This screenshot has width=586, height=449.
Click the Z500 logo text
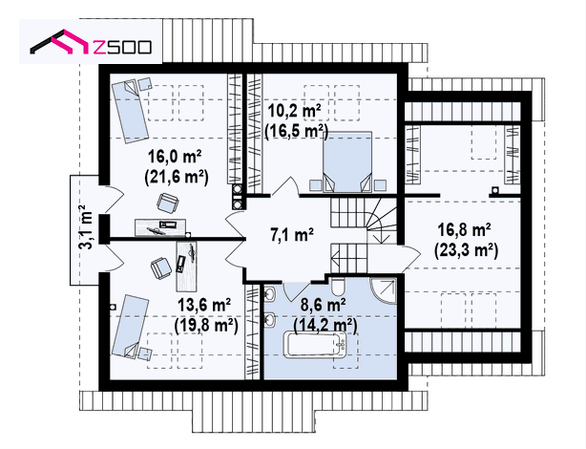click(x=122, y=47)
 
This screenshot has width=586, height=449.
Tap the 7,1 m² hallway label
click(x=292, y=235)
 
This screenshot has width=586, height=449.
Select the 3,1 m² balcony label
click(x=88, y=227)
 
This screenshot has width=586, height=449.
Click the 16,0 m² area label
click(x=175, y=156)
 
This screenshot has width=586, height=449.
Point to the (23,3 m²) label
click(x=466, y=250)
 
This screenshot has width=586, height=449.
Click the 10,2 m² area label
click(x=295, y=111)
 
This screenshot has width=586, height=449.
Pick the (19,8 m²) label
click(x=206, y=326)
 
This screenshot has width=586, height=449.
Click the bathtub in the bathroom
click(x=316, y=345)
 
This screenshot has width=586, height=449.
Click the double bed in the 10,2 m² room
click(x=347, y=161)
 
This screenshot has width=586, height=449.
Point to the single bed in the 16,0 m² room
click(x=131, y=109)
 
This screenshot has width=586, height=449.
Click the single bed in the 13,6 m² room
click(x=131, y=327)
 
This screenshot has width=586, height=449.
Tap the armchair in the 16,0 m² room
click(x=167, y=203)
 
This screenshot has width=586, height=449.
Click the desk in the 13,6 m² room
click(x=186, y=266)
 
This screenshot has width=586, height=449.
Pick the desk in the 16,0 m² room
click(x=160, y=227)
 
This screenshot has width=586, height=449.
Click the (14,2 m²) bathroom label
click(x=325, y=326)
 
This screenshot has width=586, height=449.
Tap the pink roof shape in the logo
click(x=72, y=41)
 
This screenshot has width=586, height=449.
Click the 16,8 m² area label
click(x=464, y=229)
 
